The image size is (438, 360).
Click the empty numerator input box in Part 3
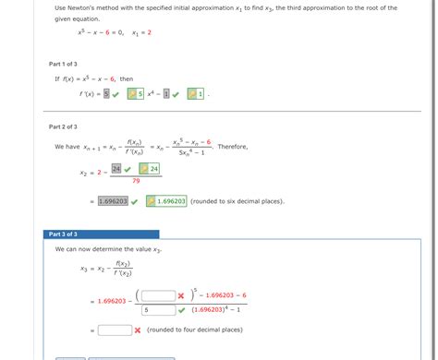point(159,295)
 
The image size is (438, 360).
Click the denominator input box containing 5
point(159,310)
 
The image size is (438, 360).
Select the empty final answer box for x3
point(115,330)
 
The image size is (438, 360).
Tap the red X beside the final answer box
point(137,330)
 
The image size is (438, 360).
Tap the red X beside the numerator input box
point(181,295)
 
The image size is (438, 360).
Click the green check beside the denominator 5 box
point(181,310)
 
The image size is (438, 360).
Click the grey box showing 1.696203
point(113,200)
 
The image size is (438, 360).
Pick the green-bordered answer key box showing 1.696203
point(166,200)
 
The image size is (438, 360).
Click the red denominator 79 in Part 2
point(136,181)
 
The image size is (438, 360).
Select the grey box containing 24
point(116,169)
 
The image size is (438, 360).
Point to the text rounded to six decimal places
point(237,200)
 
